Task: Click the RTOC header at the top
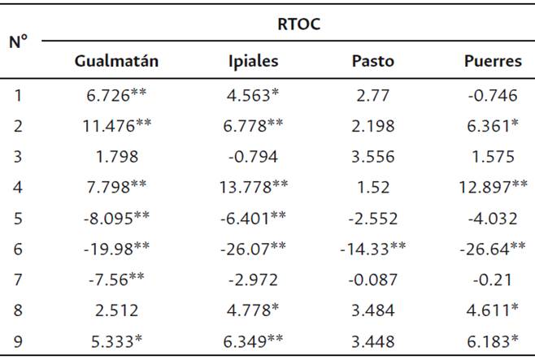(x=298, y=24)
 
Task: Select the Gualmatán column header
(x=116, y=61)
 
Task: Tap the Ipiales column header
(x=254, y=61)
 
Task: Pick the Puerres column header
(x=491, y=61)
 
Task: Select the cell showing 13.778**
(x=254, y=188)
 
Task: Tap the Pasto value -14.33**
(x=372, y=249)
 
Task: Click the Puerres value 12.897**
(x=493, y=188)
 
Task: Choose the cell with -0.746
(x=493, y=94)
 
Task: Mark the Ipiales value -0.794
(x=254, y=157)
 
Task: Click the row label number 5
(x=19, y=219)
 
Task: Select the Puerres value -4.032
(x=493, y=219)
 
